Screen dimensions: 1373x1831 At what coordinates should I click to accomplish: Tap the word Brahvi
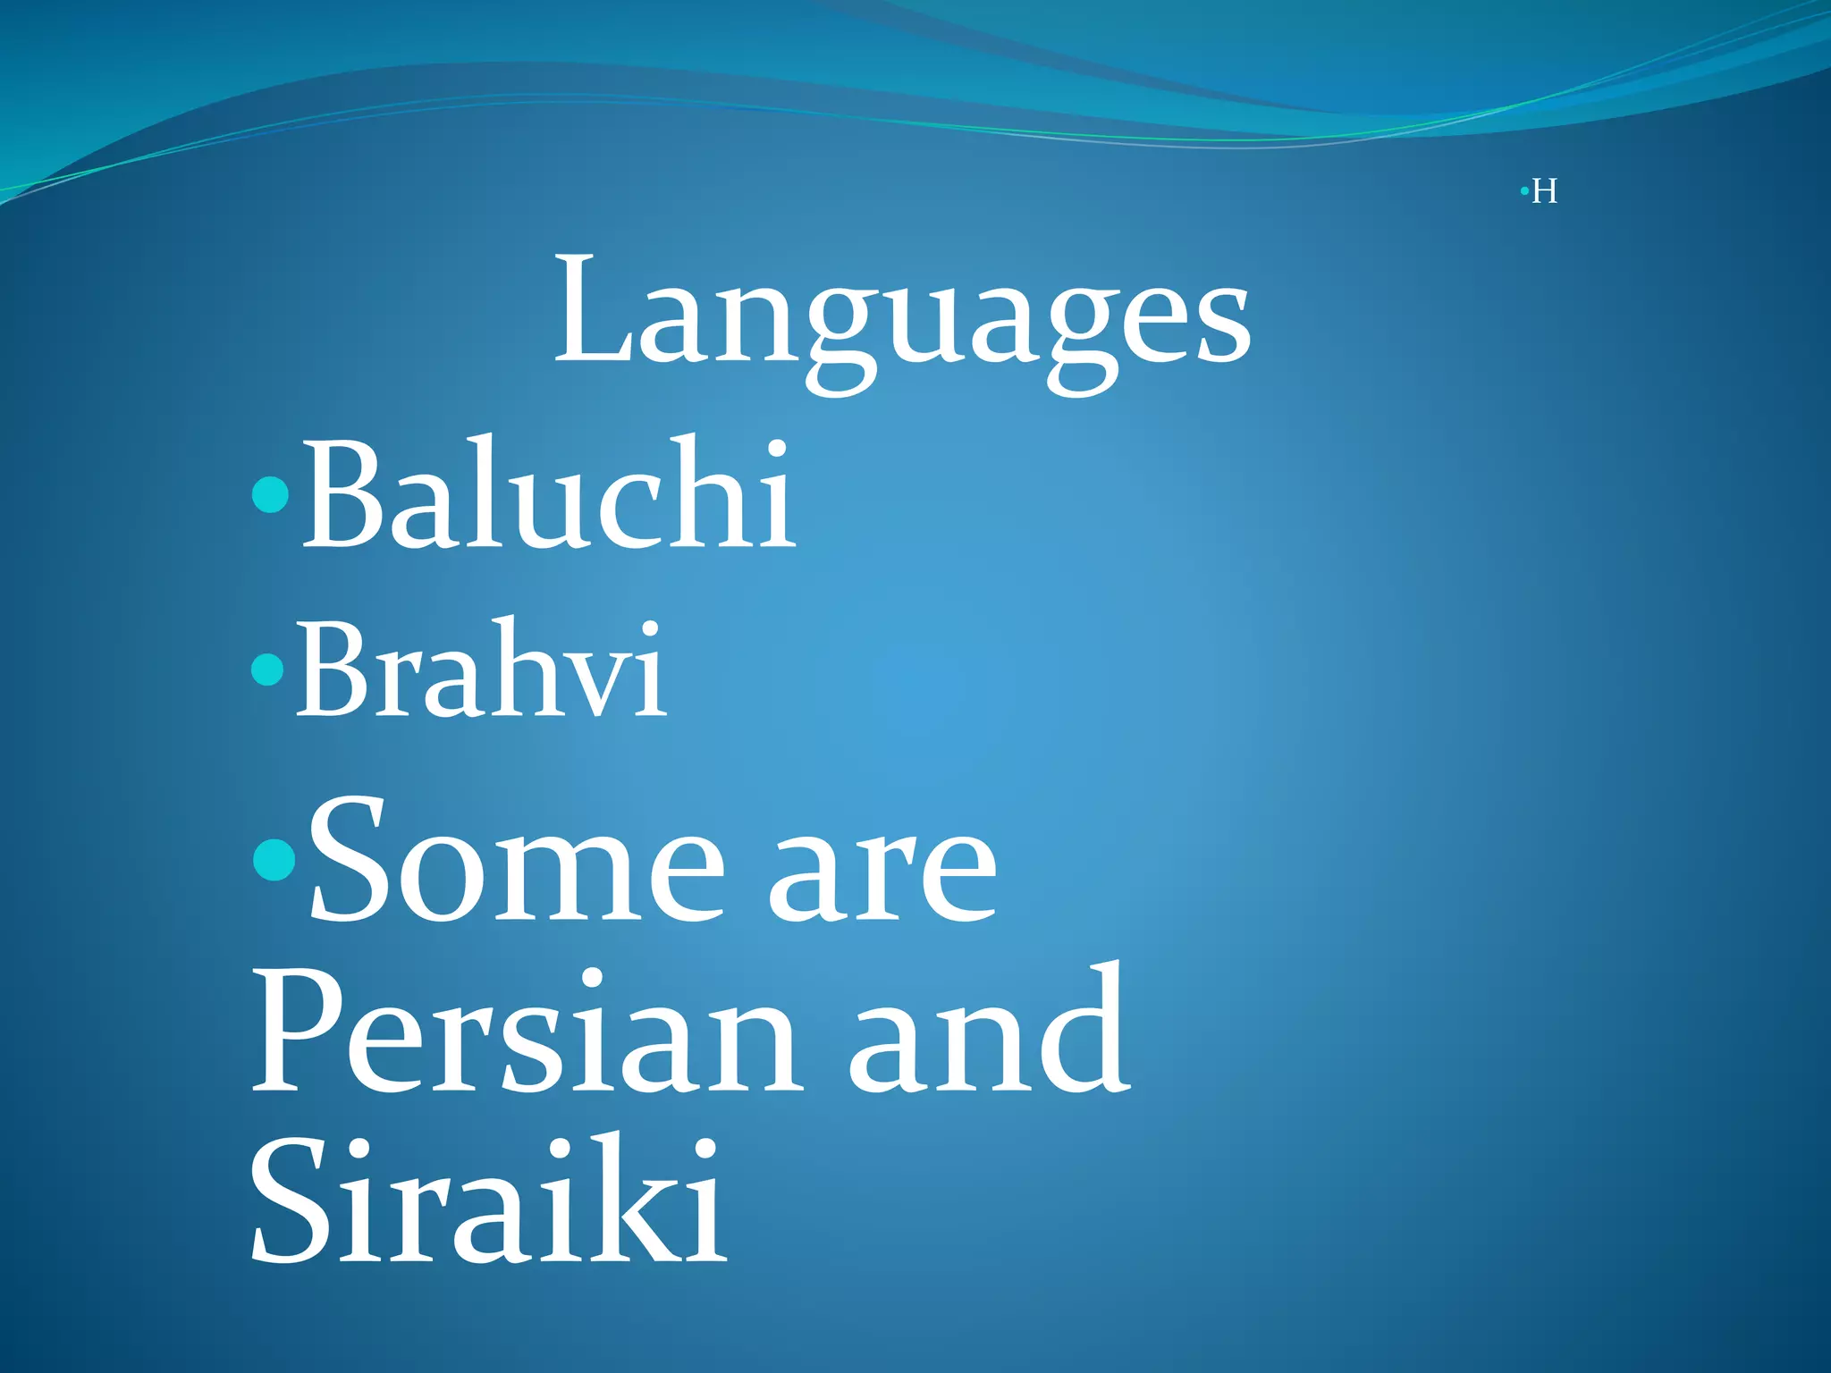tap(481, 670)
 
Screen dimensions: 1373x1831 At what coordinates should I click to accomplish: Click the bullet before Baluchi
tap(271, 494)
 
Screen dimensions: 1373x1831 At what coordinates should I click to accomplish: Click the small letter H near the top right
tap(1544, 192)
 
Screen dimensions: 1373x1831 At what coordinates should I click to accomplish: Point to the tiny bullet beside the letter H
tap(1523, 191)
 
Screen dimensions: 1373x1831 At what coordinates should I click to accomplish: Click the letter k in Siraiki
tap(644, 1198)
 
